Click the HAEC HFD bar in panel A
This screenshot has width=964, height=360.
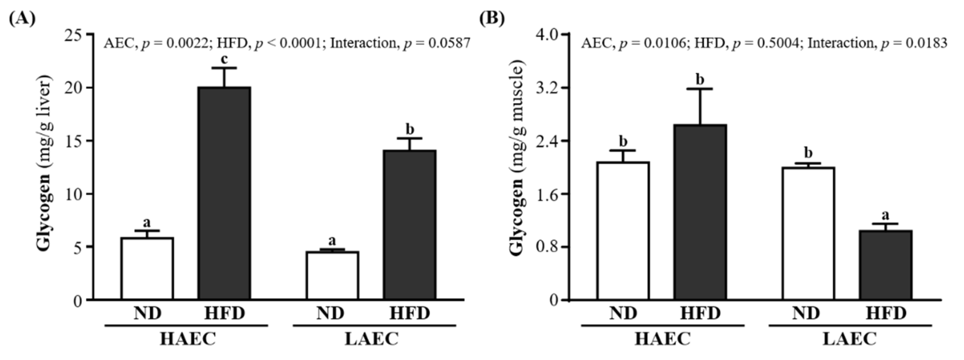[x=224, y=193]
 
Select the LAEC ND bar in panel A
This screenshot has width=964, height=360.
[x=332, y=275]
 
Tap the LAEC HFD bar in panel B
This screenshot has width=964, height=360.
[x=885, y=265]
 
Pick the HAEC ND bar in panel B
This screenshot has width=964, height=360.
[x=623, y=230]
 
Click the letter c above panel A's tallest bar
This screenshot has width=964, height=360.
[x=224, y=58]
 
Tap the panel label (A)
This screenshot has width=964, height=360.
[x=22, y=18]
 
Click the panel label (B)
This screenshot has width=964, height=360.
[x=492, y=18]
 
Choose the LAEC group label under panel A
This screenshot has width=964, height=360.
[x=372, y=339]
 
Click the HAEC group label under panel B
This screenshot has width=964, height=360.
[x=663, y=339]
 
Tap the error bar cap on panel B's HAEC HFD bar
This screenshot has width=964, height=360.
[x=700, y=89]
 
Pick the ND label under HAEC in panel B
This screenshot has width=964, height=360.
[x=623, y=313]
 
